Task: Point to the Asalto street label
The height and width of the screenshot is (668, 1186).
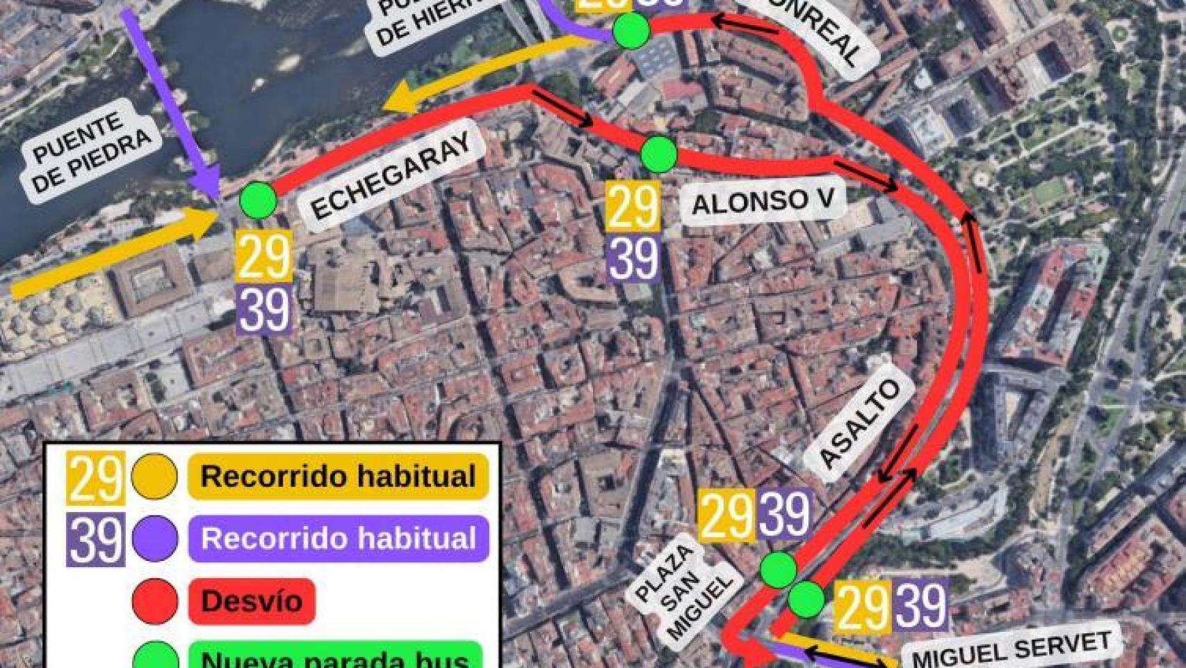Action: pos(859,424)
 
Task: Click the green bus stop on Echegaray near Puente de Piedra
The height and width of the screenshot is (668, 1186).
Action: pos(258,200)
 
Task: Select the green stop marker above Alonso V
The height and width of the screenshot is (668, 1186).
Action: pos(658,154)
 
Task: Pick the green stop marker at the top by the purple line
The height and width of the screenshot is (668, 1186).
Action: pos(631,31)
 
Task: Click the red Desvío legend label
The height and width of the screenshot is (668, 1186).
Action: pos(252,601)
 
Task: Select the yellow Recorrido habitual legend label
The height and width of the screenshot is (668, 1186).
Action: pos(338,477)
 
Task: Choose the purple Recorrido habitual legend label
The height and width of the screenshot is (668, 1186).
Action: pos(338,539)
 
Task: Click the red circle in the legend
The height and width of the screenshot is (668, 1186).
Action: pos(154,601)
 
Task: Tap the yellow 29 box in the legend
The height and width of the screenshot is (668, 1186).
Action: pos(95,477)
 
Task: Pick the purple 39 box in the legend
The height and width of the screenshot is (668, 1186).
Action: pos(95,539)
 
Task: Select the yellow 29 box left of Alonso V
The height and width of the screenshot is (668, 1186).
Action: pos(632,206)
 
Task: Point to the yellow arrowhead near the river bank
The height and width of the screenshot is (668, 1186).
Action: pos(403,100)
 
